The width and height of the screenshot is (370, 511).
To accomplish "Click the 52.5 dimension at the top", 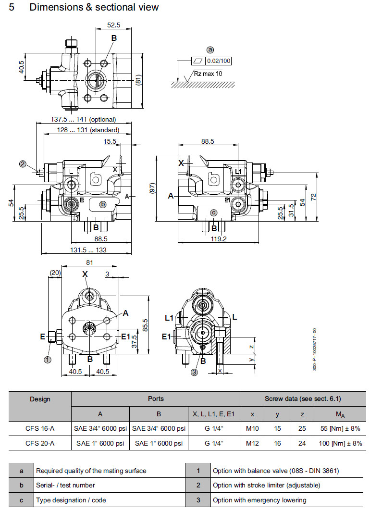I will point(114,25).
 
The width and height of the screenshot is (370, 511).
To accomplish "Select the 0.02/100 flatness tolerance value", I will point(219,61).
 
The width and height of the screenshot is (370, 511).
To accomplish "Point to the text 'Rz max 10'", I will point(208,74).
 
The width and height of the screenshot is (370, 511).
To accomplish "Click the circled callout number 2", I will point(23,163).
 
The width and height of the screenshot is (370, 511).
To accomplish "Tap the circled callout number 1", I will point(48,358).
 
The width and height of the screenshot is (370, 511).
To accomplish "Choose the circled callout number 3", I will point(194,371).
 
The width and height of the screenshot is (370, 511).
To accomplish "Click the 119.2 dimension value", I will point(219,238).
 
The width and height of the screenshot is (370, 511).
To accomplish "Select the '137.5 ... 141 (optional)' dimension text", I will point(84,119).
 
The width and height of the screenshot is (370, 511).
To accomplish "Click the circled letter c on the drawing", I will point(214,212).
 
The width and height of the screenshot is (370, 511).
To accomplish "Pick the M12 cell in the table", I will point(252,443).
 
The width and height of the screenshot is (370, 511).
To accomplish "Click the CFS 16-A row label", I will point(40,428).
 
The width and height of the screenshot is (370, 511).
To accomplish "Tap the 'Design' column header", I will point(40,399).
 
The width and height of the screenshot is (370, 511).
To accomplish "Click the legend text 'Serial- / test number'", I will point(65,486).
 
